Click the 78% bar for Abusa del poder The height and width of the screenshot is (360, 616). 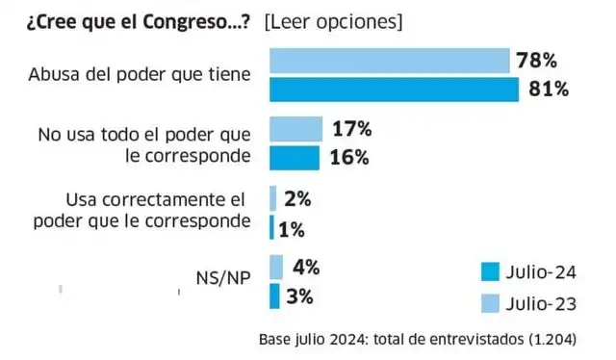[389, 62]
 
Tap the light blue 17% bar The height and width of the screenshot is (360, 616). [295, 129]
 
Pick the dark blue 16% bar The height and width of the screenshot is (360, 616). [294, 157]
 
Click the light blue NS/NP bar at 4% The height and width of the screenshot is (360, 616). [276, 267]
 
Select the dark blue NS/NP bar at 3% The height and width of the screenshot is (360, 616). [274, 296]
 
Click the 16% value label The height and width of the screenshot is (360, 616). [347, 158]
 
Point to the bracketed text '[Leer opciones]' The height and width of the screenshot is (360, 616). [333, 20]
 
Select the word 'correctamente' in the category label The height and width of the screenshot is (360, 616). [157, 199]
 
